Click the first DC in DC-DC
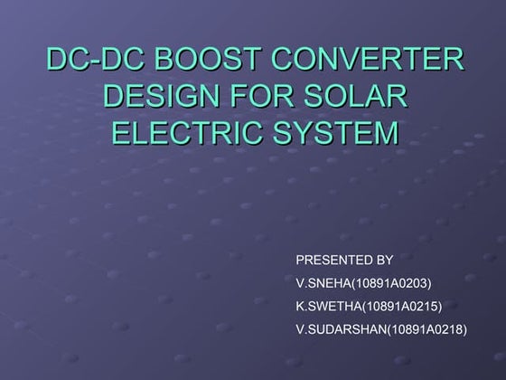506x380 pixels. [x=65, y=62]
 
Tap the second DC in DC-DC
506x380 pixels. [x=118, y=62]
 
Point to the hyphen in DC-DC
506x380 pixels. [x=91, y=64]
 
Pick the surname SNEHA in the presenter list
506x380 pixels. [x=325, y=283]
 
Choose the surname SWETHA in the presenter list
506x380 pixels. [x=331, y=306]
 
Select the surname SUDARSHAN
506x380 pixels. [x=346, y=328]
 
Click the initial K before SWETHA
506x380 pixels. [x=300, y=306]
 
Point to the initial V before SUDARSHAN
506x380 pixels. [x=300, y=328]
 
